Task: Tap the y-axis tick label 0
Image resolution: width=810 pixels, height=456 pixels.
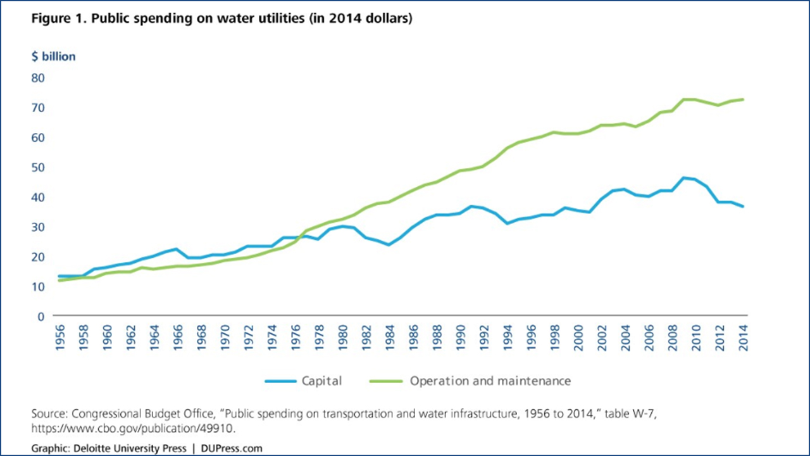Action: pyautogui.click(x=41, y=315)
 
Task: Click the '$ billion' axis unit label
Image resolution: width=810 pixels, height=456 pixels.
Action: pyautogui.click(x=54, y=56)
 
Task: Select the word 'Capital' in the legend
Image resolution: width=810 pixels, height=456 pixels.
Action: pyautogui.click(x=323, y=381)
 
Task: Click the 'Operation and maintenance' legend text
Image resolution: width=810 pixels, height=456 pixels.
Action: pyautogui.click(x=490, y=381)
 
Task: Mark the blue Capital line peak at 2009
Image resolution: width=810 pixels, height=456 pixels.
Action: pyautogui.click(x=684, y=178)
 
